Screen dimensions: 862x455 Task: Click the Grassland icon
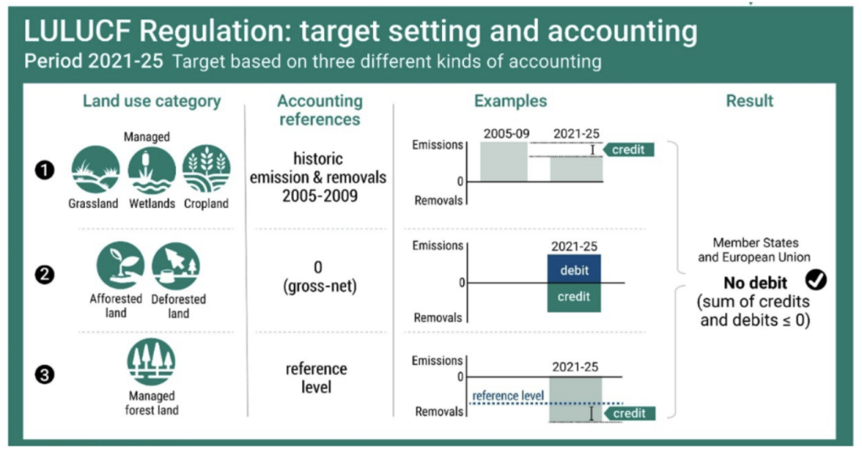(x=96, y=169)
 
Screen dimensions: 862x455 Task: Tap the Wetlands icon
(x=152, y=169)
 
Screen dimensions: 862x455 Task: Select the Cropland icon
(x=206, y=169)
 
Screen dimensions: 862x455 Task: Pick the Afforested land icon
(x=120, y=265)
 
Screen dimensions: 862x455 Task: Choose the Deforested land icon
(x=176, y=265)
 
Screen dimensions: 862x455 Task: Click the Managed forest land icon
(x=152, y=361)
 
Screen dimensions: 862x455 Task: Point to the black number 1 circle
(x=45, y=170)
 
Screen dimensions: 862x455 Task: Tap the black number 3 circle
(x=45, y=375)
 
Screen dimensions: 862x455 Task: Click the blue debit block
(x=574, y=269)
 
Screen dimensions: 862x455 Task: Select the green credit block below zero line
(x=574, y=297)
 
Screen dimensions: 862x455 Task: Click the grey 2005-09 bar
(x=503, y=162)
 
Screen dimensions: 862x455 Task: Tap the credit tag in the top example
(x=628, y=150)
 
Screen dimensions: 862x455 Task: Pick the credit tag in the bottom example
(x=630, y=413)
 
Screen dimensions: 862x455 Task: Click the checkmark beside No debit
(x=816, y=281)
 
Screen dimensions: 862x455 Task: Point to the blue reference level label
(x=508, y=395)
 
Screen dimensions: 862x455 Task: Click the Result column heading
(x=749, y=100)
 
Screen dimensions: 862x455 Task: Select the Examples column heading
(x=511, y=100)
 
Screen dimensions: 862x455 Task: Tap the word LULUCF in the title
(x=77, y=31)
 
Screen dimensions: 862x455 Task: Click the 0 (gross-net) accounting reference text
(x=319, y=276)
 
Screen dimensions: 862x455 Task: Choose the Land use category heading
(x=152, y=101)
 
